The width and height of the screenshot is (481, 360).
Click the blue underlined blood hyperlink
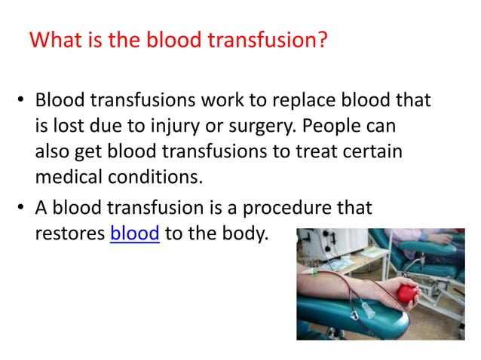click(x=134, y=233)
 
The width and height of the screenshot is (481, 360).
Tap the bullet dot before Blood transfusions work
click(x=23, y=101)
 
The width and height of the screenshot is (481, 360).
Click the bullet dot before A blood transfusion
click(x=23, y=209)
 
